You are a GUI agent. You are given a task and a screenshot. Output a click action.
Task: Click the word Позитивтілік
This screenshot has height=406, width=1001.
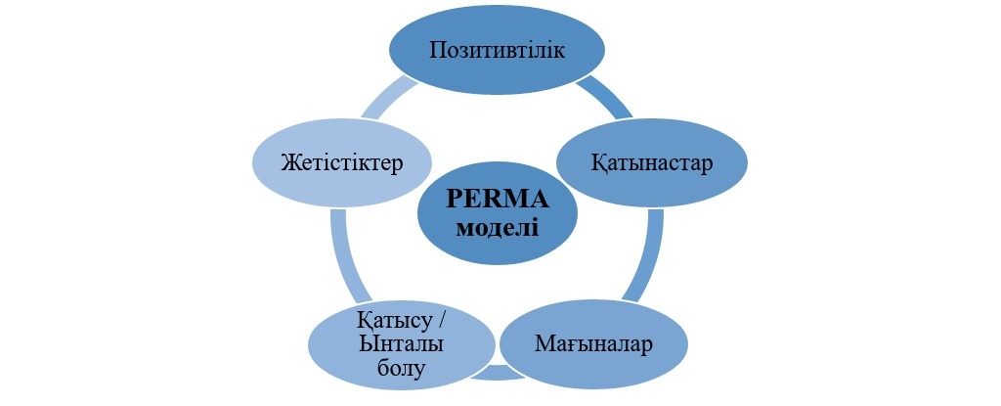[496, 50]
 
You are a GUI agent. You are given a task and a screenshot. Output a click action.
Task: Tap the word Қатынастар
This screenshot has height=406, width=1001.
[652, 160]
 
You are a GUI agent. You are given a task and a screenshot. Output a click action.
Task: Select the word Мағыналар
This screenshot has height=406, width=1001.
[593, 344]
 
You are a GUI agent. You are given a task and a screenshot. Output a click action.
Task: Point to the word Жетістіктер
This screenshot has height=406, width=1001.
[340, 160]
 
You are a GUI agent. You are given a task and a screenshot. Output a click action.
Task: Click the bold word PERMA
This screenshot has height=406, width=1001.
[498, 198]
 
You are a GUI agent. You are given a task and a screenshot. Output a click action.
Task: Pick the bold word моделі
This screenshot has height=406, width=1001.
[498, 228]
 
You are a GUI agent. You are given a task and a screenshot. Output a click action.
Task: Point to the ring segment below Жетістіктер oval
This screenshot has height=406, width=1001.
[342, 256]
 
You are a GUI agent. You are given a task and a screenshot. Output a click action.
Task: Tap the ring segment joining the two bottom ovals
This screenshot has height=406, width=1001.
[494, 373]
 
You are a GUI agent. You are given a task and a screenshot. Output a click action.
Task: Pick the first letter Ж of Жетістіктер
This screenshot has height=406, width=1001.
[284, 160]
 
